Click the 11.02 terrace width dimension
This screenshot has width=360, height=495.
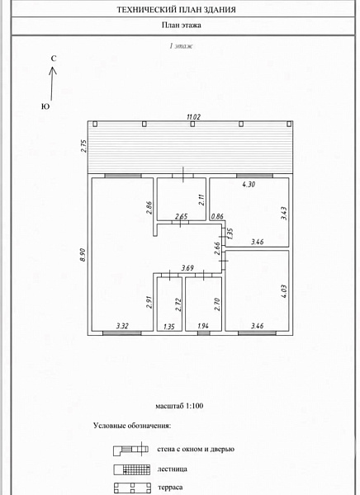pyautogui.click(x=194, y=117)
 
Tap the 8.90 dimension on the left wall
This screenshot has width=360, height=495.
pyautogui.click(x=83, y=254)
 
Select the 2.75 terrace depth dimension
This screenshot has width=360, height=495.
pyautogui.click(x=84, y=146)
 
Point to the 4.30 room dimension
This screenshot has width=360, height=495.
pyautogui.click(x=249, y=184)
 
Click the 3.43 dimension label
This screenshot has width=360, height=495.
pyautogui.click(x=284, y=214)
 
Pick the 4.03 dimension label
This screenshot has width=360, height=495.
pyautogui.click(x=284, y=291)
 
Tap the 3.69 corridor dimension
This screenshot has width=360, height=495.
pyautogui.click(x=187, y=268)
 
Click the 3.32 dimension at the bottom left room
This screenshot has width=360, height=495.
pyautogui.click(x=122, y=326)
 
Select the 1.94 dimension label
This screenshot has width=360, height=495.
pyautogui.click(x=203, y=326)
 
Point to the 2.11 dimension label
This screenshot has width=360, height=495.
pyautogui.click(x=202, y=200)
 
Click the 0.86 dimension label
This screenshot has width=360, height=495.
pyautogui.click(x=217, y=216)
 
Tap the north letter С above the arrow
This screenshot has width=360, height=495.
pyautogui.click(x=54, y=59)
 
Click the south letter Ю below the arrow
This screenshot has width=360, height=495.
pyautogui.click(x=45, y=106)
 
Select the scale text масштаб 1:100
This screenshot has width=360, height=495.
pyautogui.click(x=179, y=406)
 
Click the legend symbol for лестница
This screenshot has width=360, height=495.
pyautogui.click(x=132, y=469)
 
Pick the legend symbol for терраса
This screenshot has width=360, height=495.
pyautogui.click(x=132, y=488)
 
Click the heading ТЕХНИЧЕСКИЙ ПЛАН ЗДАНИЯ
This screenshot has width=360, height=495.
pyautogui.click(x=177, y=10)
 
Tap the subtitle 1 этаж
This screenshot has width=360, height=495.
pyautogui.click(x=181, y=46)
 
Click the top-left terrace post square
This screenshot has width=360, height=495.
pyautogui.click(x=95, y=124)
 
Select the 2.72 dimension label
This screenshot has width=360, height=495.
pyautogui.click(x=179, y=304)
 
